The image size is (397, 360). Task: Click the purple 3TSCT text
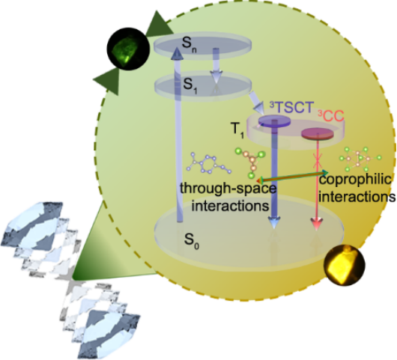pos(291,107)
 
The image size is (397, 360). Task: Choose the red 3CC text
pos(331,116)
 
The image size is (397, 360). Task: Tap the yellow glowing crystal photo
pos(345,265)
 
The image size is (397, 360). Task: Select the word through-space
pos(228,189)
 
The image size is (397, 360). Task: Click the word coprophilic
pos(355,180)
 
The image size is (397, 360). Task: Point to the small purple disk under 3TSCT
pos(274,120)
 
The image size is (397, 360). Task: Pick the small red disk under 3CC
pos(317,133)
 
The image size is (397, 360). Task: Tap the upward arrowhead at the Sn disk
pos(177,53)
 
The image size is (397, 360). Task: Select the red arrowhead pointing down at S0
pos(317,224)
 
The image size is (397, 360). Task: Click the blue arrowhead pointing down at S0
pos(274,223)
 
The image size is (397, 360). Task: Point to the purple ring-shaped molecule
pos(209,163)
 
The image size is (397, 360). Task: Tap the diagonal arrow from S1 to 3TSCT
pos(256,103)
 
